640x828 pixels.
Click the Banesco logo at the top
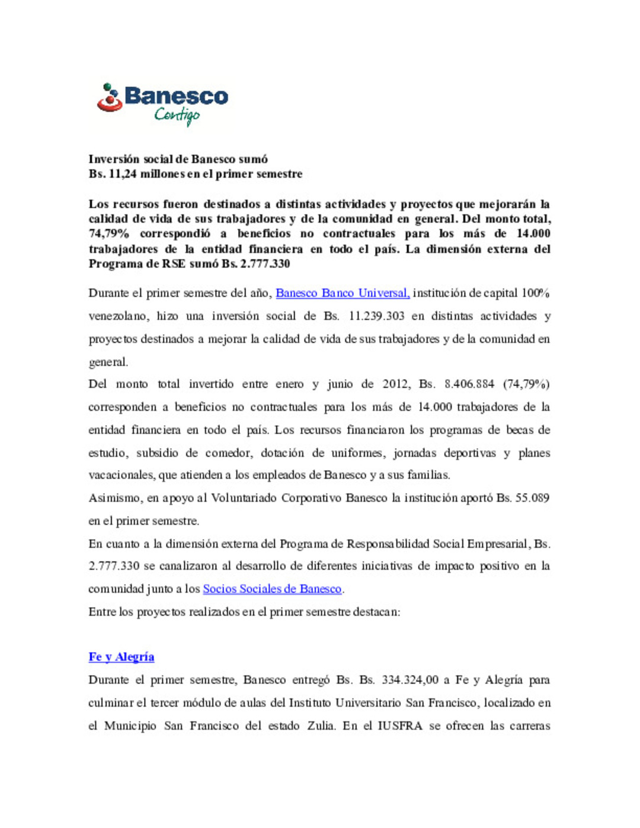click(163, 98)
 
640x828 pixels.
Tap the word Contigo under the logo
click(177, 115)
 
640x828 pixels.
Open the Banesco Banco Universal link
click(343, 293)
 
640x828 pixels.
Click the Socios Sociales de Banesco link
click(272, 589)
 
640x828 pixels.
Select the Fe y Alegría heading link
click(121, 657)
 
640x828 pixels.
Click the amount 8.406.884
click(469, 384)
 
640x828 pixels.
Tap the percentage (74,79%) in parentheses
click(526, 384)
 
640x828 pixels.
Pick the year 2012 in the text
click(395, 384)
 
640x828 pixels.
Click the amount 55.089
click(532, 498)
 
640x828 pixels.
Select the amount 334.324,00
click(410, 680)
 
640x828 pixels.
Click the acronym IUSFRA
click(400, 726)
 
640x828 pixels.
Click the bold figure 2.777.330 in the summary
click(265, 264)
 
